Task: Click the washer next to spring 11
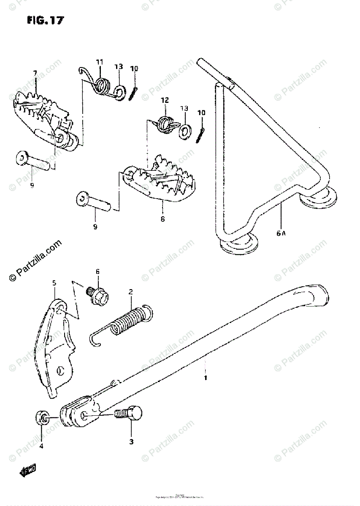click(x=119, y=92)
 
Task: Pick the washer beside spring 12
click(x=184, y=130)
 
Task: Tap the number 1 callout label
click(x=206, y=378)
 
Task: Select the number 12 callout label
click(x=165, y=100)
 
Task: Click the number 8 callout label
click(x=162, y=219)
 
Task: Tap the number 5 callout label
click(x=54, y=282)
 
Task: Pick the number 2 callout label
click(x=131, y=291)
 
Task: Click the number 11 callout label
click(x=99, y=62)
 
